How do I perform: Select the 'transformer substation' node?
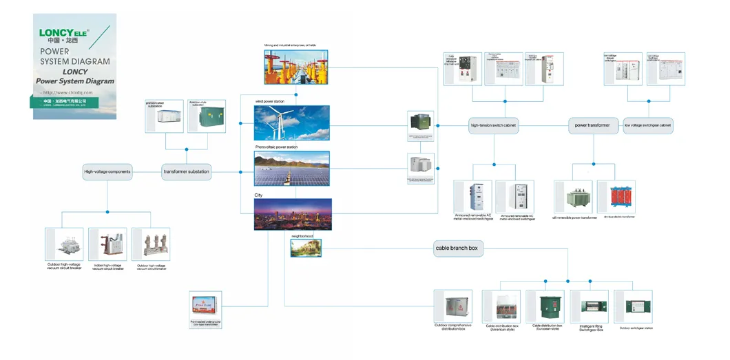186,171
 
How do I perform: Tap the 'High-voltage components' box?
107,171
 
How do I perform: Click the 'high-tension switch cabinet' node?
493,126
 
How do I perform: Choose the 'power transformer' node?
592,126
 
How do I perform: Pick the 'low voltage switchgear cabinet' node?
647,126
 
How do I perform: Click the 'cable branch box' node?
456,248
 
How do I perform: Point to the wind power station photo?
292,123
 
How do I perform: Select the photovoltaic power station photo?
292,169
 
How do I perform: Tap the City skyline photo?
292,214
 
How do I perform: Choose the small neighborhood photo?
305,248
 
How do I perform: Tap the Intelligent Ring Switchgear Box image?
590,307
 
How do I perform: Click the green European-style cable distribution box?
545,307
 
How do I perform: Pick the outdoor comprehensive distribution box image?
453,307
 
